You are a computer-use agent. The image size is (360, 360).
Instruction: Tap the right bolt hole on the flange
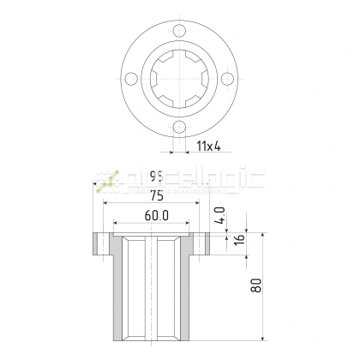(226, 80)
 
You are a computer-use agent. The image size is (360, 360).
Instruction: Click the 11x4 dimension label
(208, 147)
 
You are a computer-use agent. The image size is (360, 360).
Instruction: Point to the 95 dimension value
(155, 177)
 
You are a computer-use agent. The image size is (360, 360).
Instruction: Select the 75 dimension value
(155, 194)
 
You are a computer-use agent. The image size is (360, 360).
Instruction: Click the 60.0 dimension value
(155, 214)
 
